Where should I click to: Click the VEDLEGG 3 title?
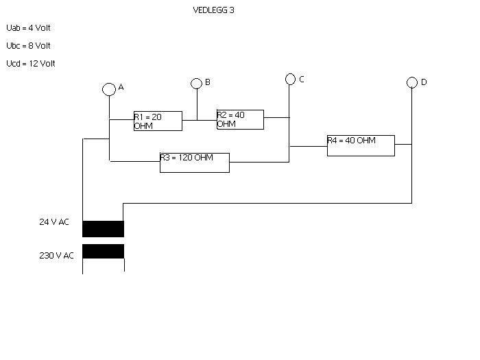coord(214,10)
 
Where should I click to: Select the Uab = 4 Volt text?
coord(28,28)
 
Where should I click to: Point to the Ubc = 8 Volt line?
coord(28,46)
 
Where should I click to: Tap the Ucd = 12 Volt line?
coord(31,63)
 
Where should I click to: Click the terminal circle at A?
coord(109,84)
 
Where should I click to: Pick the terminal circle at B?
coord(196,79)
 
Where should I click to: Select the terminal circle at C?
coord(290,74)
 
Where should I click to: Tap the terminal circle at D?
coord(411,77)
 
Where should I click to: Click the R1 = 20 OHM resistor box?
coord(158,111)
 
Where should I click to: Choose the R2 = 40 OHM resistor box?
coord(240,110)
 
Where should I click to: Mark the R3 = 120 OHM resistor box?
coord(195,153)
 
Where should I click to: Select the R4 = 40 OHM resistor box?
coord(361,135)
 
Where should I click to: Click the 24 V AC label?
coord(54,222)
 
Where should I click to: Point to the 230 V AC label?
coord(56,255)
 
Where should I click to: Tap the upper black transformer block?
coord(103,228)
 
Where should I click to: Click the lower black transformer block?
coord(103,252)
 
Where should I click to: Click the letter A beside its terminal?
coord(121,87)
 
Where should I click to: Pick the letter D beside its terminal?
coord(424,82)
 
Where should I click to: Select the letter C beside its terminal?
coord(302,80)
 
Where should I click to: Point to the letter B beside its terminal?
coord(208,82)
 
